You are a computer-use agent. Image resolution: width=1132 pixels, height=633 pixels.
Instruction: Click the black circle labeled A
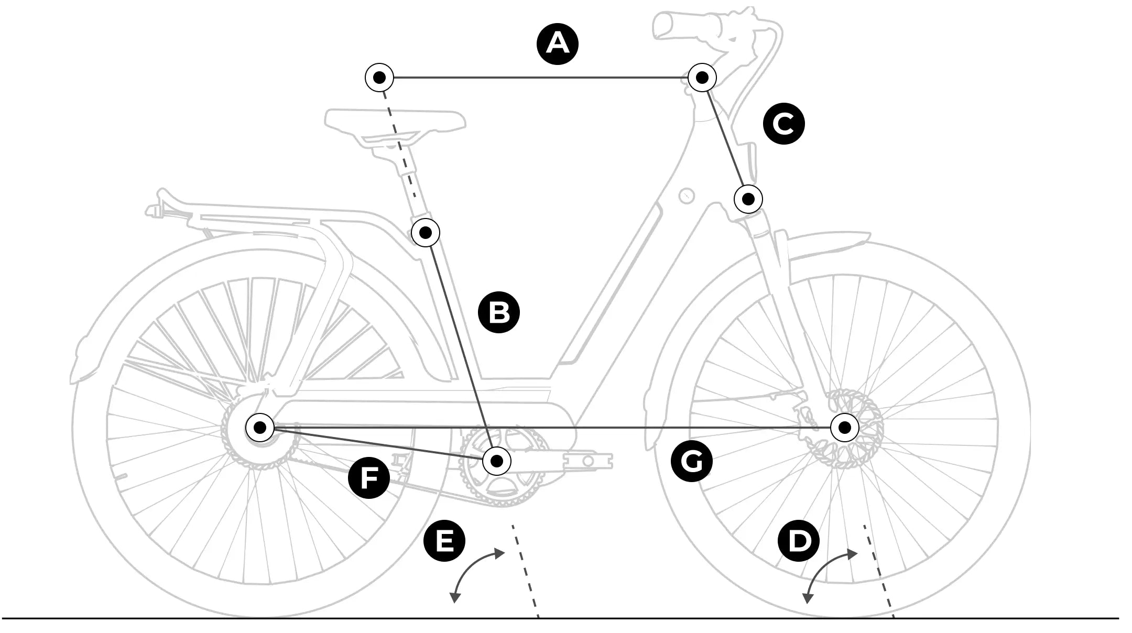(558, 44)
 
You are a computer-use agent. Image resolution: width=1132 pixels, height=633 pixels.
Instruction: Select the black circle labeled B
(499, 312)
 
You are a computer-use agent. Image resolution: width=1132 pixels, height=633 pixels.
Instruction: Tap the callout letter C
(784, 124)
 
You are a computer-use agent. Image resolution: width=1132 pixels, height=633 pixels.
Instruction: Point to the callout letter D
(798, 540)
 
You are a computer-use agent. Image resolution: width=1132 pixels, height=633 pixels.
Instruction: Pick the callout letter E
(444, 540)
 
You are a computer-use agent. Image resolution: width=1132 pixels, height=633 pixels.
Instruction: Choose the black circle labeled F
(369, 477)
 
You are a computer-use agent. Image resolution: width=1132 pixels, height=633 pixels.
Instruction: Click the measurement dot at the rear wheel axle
(260, 428)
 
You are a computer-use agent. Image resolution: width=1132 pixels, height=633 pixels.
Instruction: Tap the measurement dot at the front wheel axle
(845, 428)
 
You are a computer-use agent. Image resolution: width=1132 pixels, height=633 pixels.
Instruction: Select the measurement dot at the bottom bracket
(496, 461)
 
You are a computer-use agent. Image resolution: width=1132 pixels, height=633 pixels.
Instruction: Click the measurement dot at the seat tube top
(426, 232)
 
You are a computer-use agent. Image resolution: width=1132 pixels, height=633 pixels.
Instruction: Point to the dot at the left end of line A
(379, 78)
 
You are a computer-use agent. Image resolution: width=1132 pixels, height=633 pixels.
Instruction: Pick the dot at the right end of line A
(702, 78)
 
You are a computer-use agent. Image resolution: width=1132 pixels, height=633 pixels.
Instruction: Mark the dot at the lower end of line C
(748, 199)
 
